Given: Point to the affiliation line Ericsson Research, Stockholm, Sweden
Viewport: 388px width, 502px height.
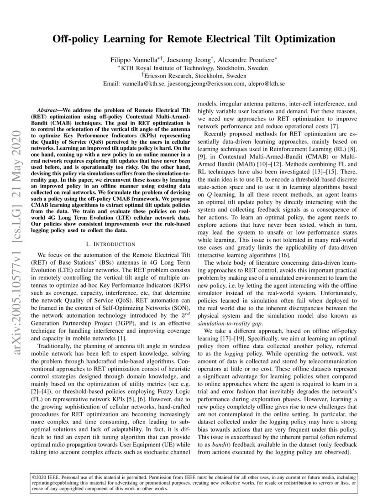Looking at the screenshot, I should (195, 76).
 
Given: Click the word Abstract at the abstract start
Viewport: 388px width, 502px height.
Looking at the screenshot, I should (48, 111).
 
